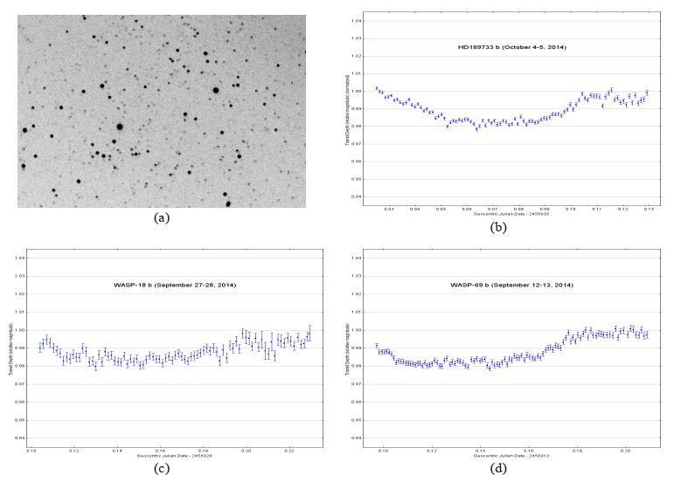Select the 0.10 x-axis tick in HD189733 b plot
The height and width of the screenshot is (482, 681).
tap(571, 210)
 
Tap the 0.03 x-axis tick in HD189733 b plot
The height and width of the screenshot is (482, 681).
tap(389, 210)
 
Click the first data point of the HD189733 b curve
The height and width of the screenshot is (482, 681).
tap(377, 88)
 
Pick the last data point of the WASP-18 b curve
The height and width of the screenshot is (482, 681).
tap(309, 332)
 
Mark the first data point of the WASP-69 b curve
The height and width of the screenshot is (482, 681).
tap(377, 346)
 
